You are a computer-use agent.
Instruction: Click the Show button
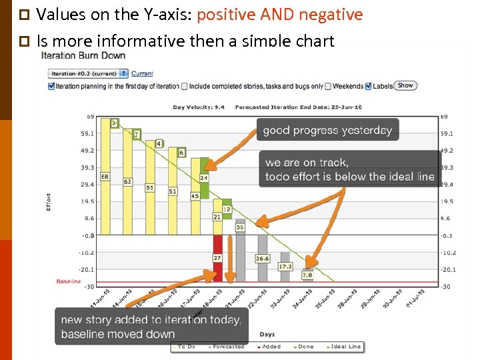[405, 85]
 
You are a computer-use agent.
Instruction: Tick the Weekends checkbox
[328, 86]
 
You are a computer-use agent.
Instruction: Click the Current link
[142, 73]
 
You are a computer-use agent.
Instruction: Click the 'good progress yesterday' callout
[327, 130]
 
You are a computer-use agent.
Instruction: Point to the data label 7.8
[307, 274]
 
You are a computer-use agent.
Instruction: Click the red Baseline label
[68, 281]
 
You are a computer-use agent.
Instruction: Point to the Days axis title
[267, 334]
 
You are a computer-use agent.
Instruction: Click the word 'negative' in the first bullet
[332, 15]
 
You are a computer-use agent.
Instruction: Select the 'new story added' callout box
[150, 327]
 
